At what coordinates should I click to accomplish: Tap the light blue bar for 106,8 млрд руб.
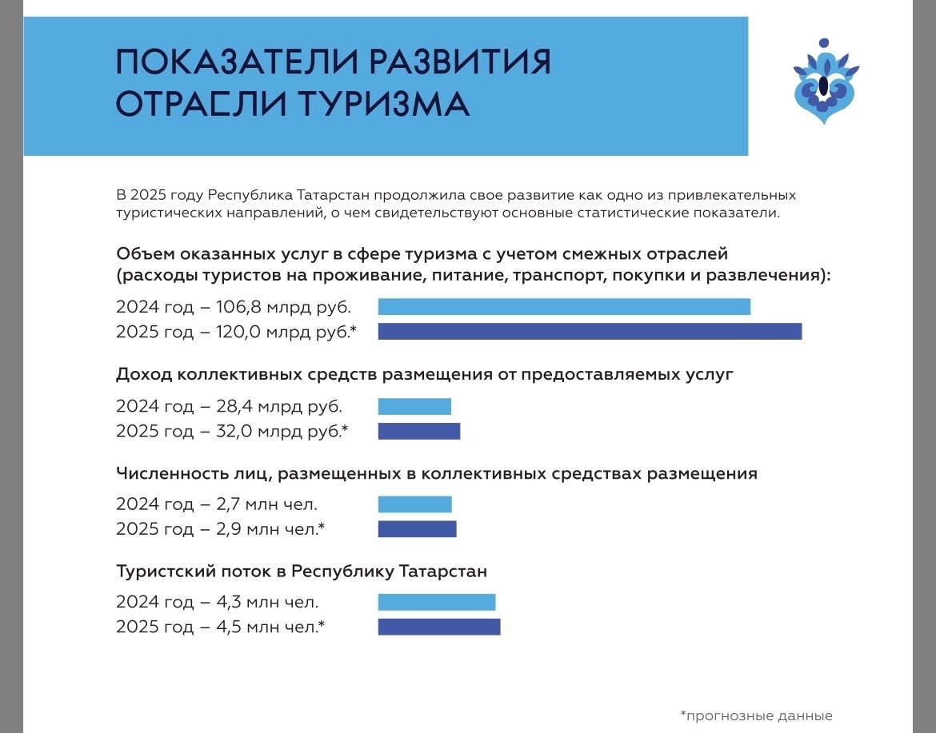[x=564, y=307]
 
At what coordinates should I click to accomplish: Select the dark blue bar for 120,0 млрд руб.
[x=590, y=332]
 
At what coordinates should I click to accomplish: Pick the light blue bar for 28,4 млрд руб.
[x=414, y=406]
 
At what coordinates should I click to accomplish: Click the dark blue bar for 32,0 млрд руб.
[x=419, y=432]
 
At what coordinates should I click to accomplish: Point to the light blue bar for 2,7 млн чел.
[x=414, y=504]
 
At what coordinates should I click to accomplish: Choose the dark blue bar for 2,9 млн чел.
[x=417, y=529]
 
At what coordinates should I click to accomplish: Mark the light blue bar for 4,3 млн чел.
[x=437, y=603]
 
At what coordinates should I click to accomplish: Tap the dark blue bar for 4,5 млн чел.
[x=439, y=627]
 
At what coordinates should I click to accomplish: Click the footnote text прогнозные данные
[x=760, y=715]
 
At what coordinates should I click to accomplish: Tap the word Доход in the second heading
[x=143, y=374]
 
